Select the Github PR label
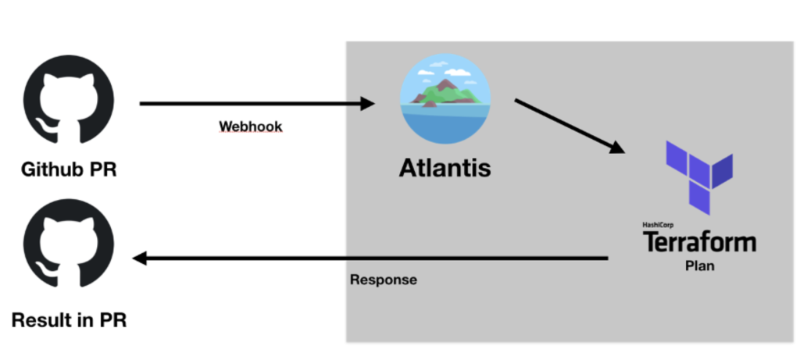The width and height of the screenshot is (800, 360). (x=69, y=169)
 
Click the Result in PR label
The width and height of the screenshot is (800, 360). (x=68, y=319)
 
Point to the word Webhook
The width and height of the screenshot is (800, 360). (x=250, y=126)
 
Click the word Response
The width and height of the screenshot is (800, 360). (x=383, y=280)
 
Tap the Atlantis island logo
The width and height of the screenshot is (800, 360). (x=445, y=99)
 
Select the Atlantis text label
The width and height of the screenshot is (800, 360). (x=445, y=167)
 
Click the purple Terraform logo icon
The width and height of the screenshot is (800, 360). (x=698, y=176)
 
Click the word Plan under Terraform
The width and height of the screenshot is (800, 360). (x=698, y=266)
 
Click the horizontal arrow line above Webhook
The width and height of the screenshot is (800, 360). (x=250, y=103)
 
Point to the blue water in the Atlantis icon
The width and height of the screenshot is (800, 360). (x=445, y=125)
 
